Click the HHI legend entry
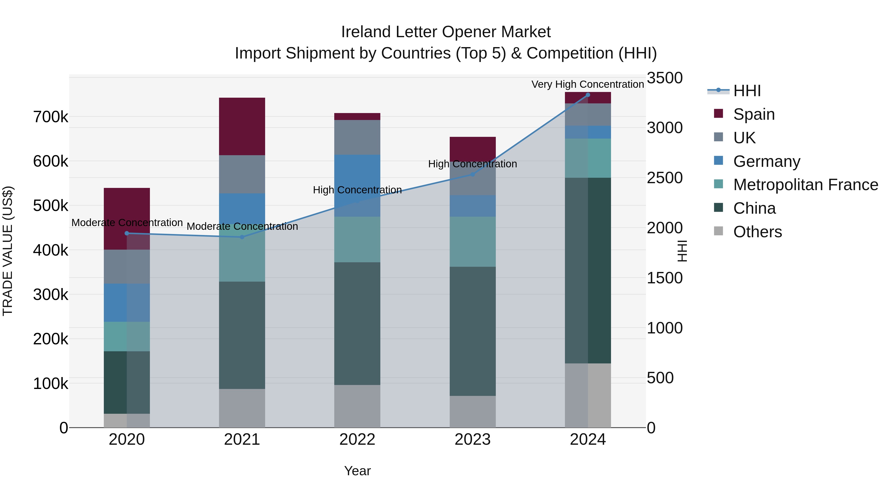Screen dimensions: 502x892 [x=747, y=91]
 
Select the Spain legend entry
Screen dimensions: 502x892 [x=753, y=114]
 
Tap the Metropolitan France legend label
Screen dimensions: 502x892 [x=806, y=185]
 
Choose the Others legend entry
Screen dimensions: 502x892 [x=757, y=232]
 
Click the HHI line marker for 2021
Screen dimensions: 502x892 [x=242, y=237]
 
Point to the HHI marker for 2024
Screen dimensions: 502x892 [x=588, y=95]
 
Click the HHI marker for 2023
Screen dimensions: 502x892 [x=473, y=174]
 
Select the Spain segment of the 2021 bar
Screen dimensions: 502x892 [x=242, y=126]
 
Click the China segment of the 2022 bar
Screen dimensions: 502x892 [x=357, y=323]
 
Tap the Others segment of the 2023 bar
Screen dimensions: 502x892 [x=473, y=412]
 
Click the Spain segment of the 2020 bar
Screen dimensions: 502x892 [x=127, y=208]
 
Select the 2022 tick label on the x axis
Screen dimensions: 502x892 [x=357, y=440]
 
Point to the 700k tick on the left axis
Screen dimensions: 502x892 [x=51, y=117]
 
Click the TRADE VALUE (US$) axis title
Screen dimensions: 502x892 [x=8, y=251]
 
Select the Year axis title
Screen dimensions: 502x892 [x=357, y=471]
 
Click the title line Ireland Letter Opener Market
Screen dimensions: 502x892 [x=446, y=32]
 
